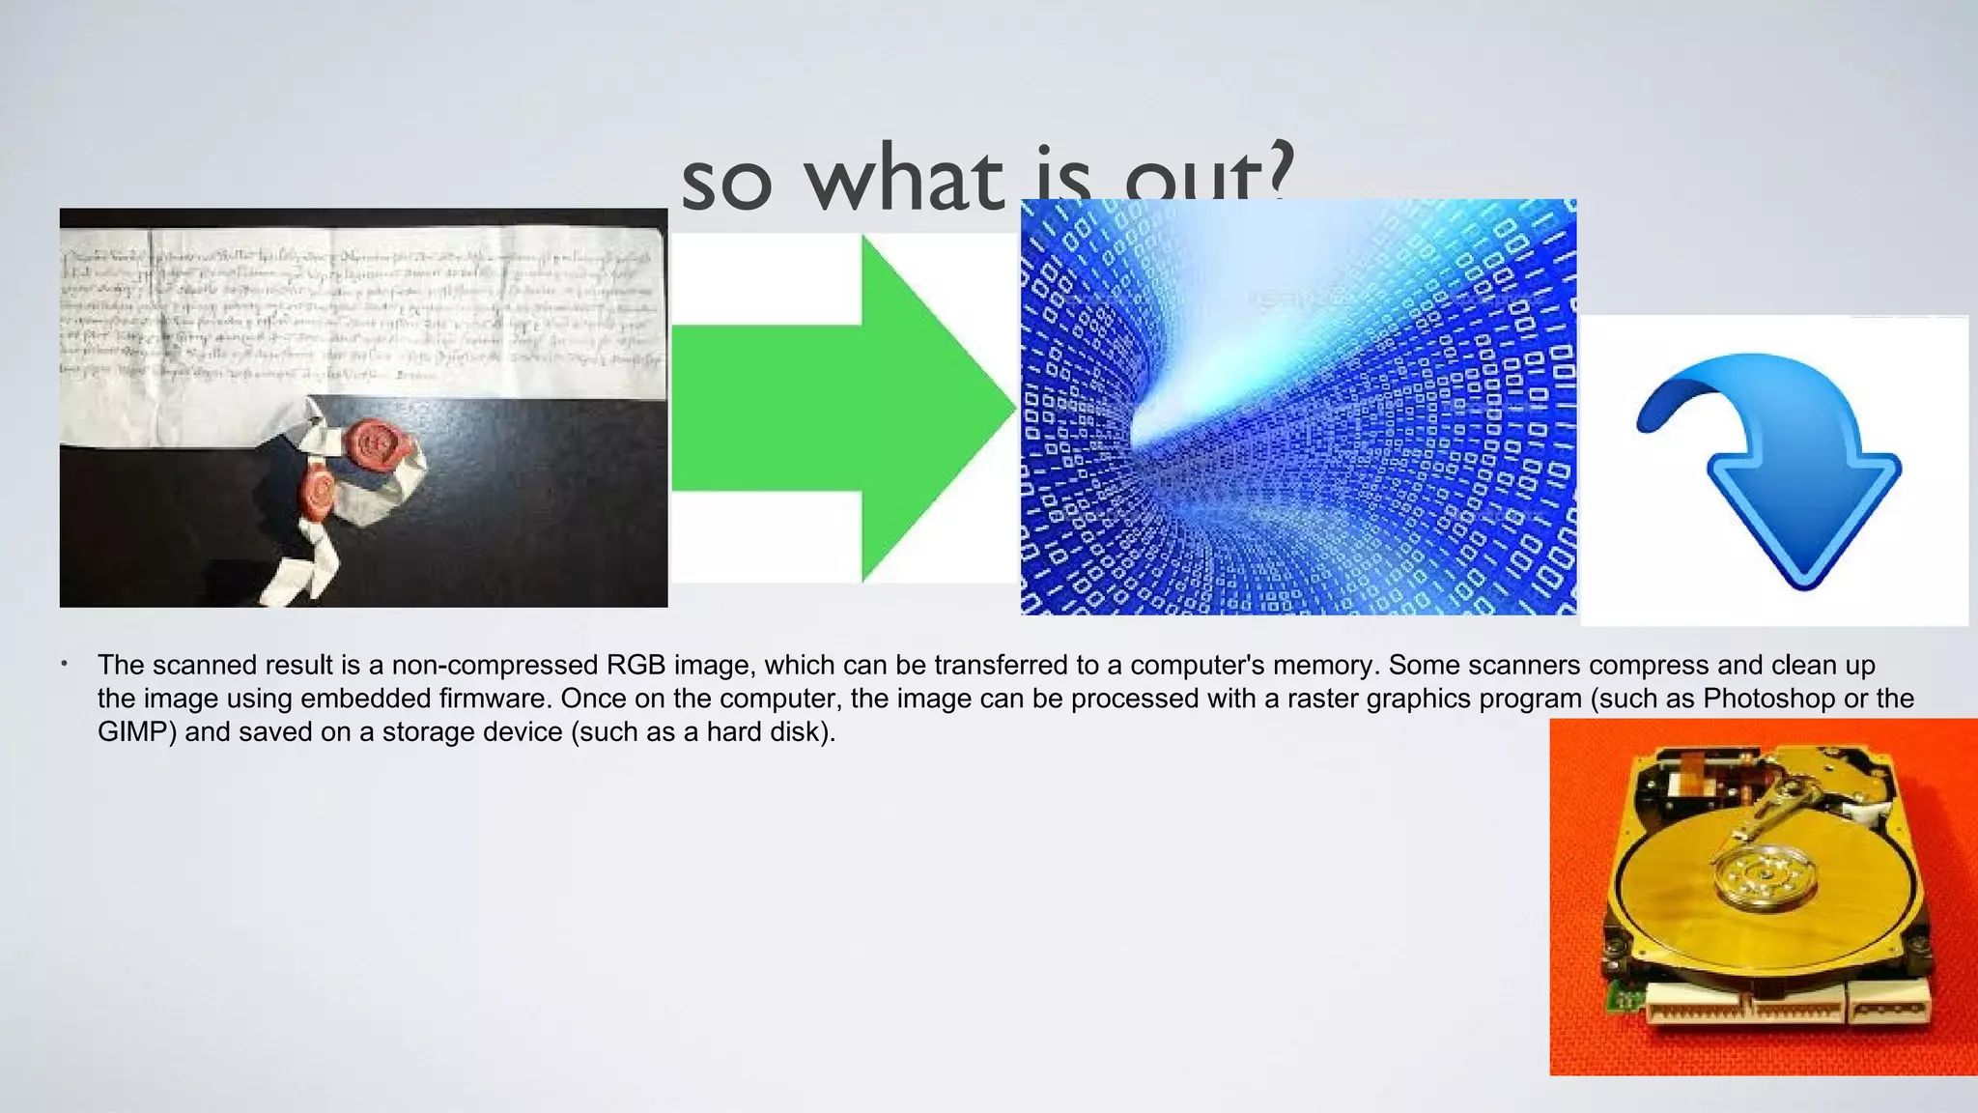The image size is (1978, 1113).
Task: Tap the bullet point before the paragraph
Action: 64,664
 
